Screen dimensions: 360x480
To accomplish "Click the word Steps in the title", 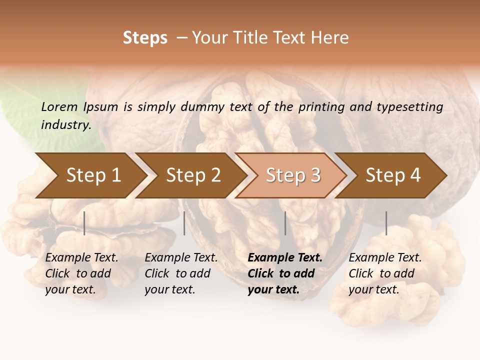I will [x=145, y=38].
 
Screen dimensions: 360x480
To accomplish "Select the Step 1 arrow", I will [x=90, y=175].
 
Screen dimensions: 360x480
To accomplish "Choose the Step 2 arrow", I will [x=191, y=175].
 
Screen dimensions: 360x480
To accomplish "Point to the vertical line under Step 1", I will [x=84, y=223].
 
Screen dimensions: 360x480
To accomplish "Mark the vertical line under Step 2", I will [x=184, y=223].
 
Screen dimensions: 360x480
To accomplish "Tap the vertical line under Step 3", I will [x=285, y=223].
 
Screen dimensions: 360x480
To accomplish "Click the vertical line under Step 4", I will [x=386, y=223].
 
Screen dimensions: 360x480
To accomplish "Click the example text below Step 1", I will [x=81, y=273].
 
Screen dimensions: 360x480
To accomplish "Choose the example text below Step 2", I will [x=181, y=273].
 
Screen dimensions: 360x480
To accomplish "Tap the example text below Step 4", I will [x=385, y=273].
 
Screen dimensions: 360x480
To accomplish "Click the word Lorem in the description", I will [x=59, y=106].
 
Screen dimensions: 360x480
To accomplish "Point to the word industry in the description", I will [x=65, y=125].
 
